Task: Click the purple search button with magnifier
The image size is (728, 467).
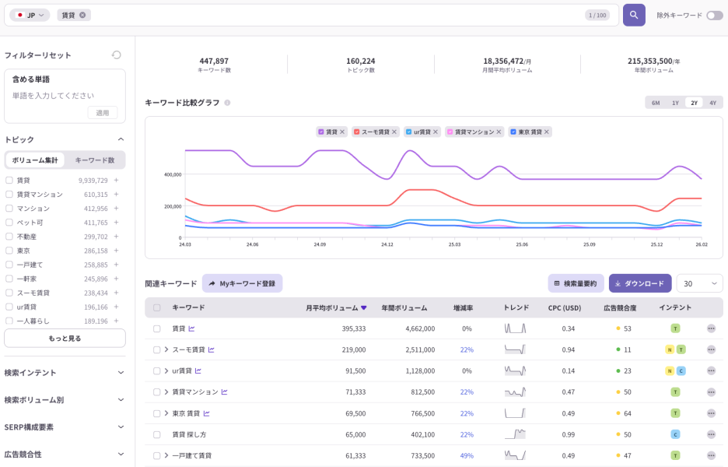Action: point(634,15)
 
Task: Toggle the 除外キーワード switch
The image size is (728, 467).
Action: point(714,15)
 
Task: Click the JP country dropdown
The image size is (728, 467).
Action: point(30,15)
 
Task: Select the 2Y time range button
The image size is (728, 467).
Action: point(694,103)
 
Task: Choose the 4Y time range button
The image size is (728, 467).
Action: point(712,103)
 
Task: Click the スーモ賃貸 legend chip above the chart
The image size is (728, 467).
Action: point(376,132)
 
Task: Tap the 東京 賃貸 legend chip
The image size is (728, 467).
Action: point(530,132)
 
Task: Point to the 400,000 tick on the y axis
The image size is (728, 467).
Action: point(172,174)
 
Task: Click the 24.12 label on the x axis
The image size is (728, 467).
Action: point(387,244)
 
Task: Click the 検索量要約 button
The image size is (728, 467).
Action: point(576,283)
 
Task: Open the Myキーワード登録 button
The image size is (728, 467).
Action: point(242,283)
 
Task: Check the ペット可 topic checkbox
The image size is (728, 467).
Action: point(9,223)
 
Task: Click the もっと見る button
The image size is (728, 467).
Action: point(65,339)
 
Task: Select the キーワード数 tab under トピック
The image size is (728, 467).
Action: point(94,160)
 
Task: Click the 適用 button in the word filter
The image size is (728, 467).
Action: point(103,113)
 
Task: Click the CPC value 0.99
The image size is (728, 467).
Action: point(568,434)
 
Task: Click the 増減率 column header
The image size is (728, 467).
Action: point(466,307)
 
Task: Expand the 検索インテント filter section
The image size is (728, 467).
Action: point(65,372)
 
